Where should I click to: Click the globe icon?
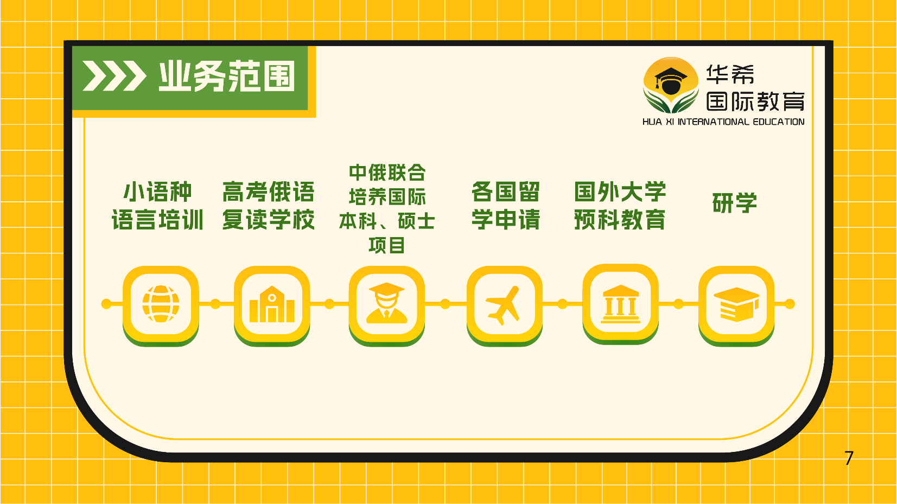click(x=161, y=304)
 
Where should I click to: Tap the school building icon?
click(x=272, y=304)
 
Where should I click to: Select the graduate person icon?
click(x=386, y=303)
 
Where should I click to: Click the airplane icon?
click(x=504, y=305)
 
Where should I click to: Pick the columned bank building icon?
click(x=620, y=304)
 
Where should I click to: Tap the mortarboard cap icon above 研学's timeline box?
click(x=736, y=304)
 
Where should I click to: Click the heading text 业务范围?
click(x=227, y=76)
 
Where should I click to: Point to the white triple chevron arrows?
click(x=114, y=75)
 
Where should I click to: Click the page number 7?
click(x=849, y=458)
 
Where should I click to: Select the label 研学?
click(x=734, y=203)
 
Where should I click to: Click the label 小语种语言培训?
click(x=157, y=206)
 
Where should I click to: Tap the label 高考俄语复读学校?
click(x=268, y=206)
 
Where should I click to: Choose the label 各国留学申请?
click(x=506, y=206)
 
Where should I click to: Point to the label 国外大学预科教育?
click(x=620, y=206)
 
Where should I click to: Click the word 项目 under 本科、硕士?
click(x=386, y=245)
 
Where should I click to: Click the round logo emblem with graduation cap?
click(x=671, y=85)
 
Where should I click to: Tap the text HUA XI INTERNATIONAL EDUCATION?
click(x=723, y=122)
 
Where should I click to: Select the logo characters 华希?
click(x=730, y=74)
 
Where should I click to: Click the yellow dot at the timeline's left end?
click(x=106, y=304)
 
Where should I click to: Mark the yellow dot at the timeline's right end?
click(x=790, y=304)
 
